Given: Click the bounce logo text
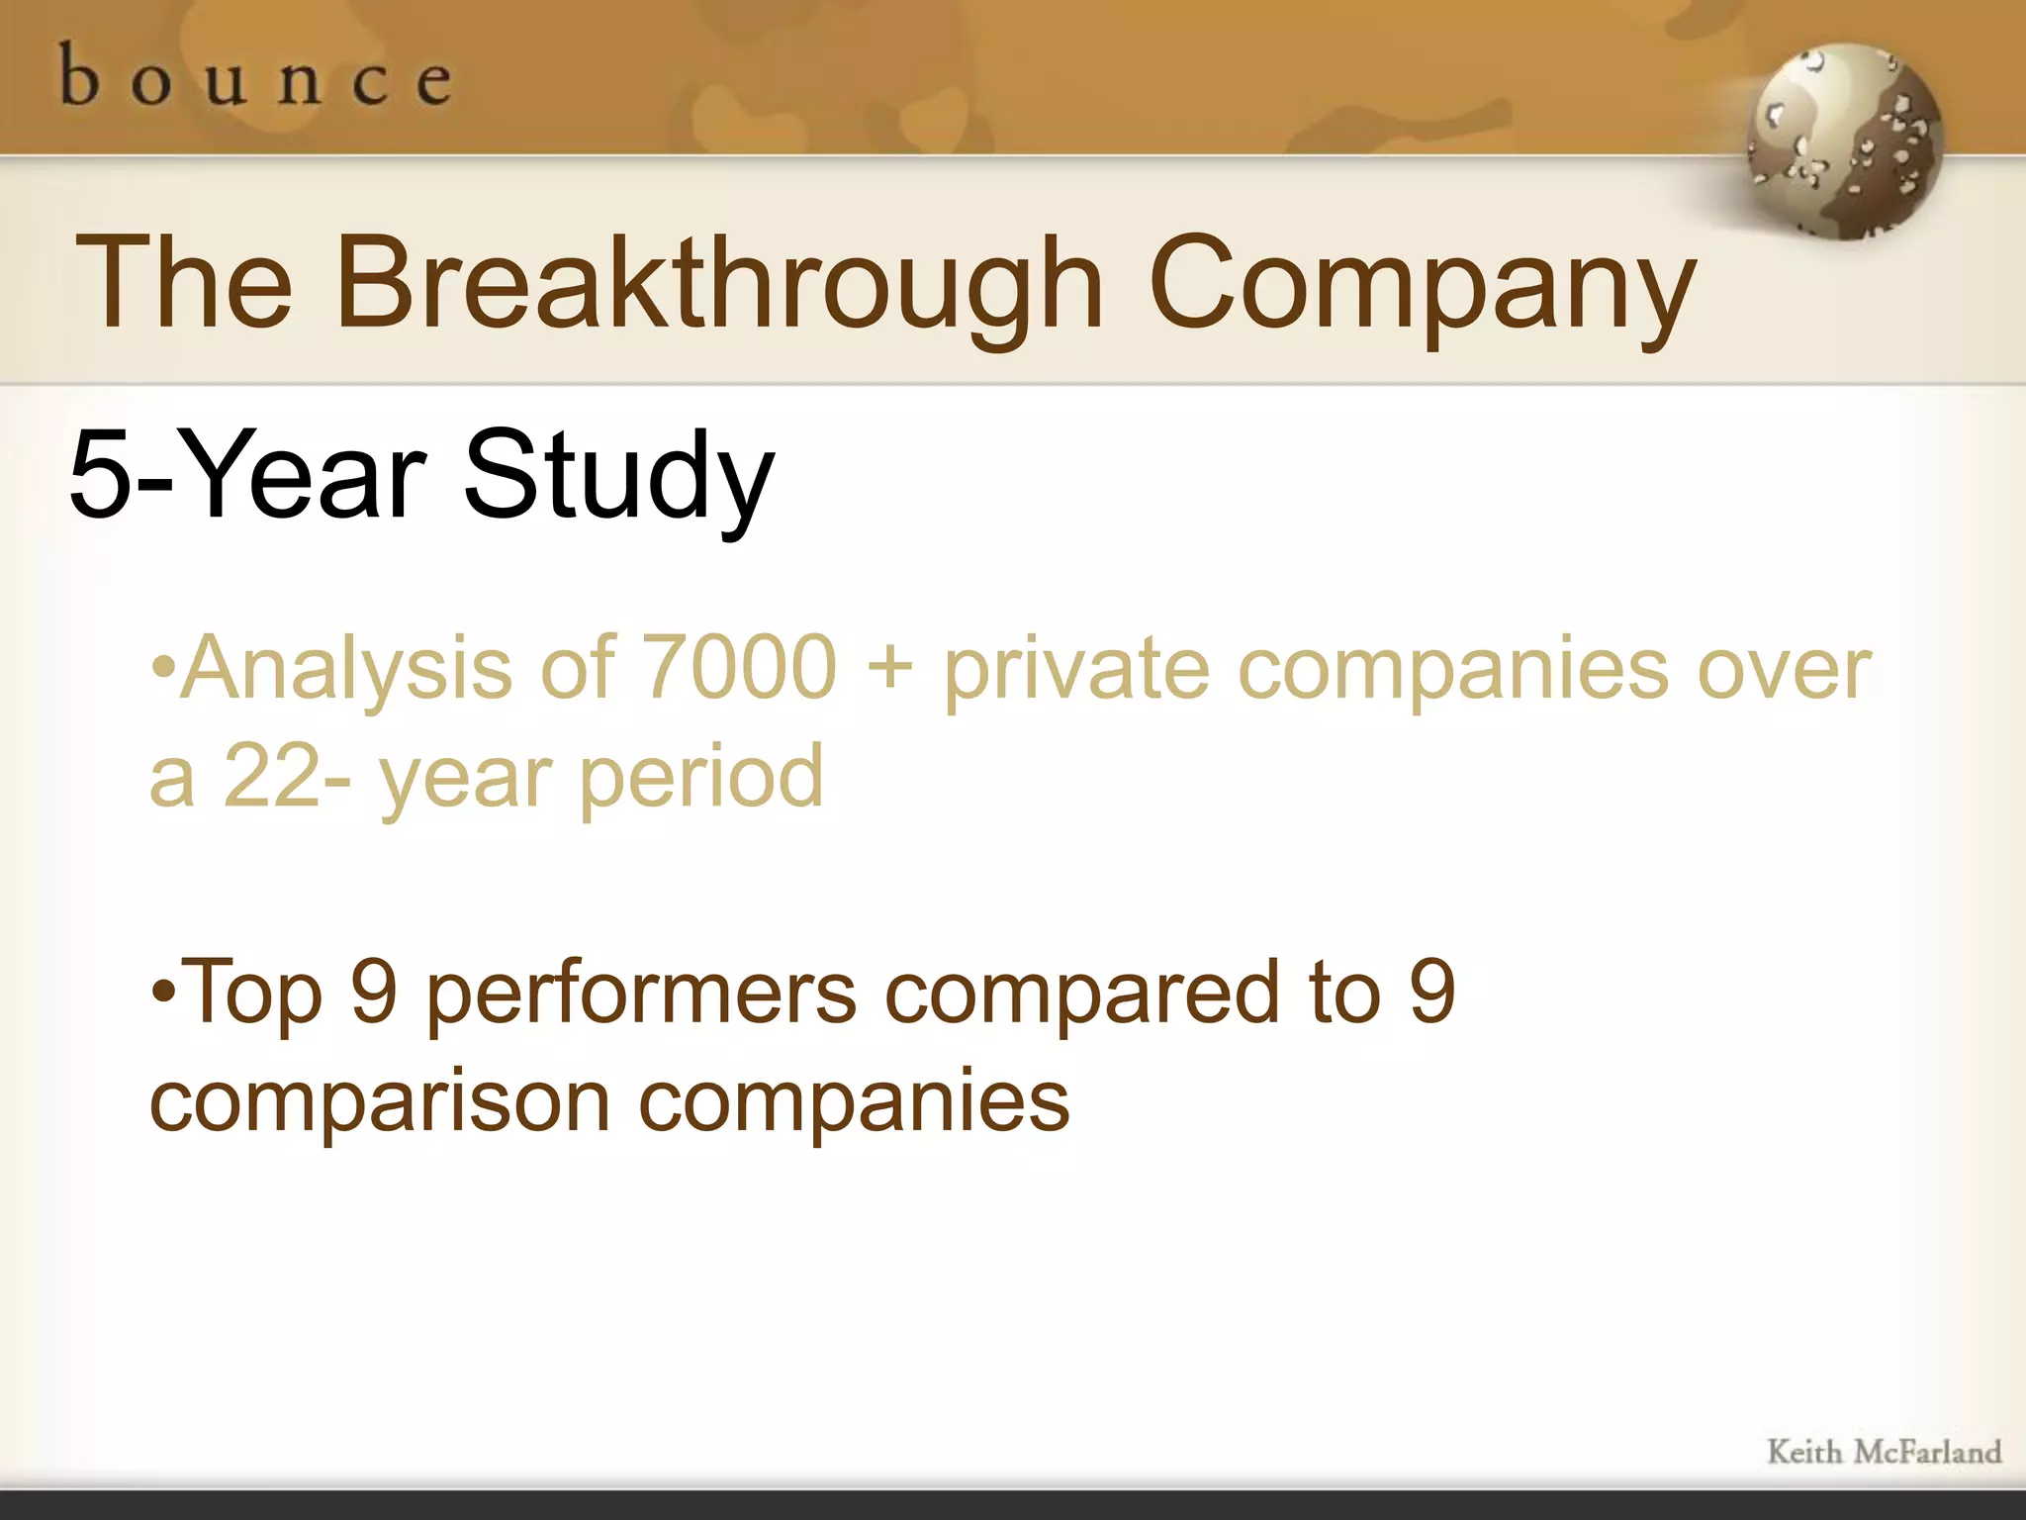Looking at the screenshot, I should [256, 77].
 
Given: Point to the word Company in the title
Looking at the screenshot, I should [1422, 289].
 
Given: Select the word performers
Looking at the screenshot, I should [642, 995].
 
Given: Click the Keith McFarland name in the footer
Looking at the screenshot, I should [1884, 1452].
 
